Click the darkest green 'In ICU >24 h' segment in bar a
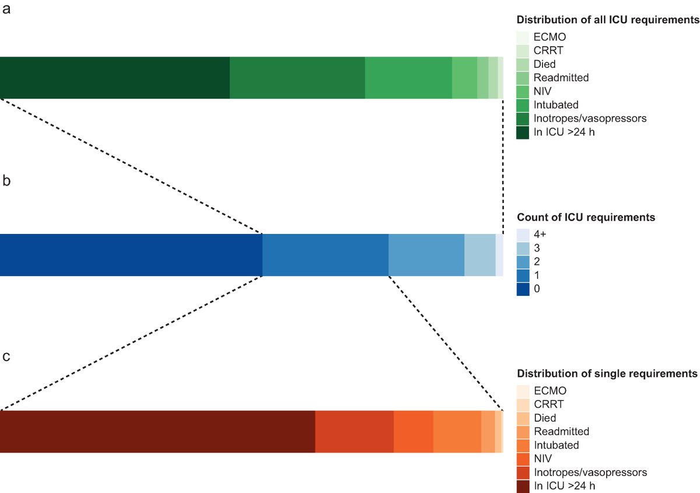coord(115,78)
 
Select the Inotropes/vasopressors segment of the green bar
coord(297,78)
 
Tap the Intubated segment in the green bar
coord(408,78)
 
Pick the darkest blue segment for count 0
coord(131,255)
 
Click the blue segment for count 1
coord(325,255)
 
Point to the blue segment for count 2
coord(426,255)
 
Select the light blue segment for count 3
coord(480,255)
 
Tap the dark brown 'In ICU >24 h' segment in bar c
coord(157,431)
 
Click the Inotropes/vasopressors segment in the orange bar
coord(355,431)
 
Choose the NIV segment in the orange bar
coord(414,431)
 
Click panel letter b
coord(6,181)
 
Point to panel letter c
coord(6,356)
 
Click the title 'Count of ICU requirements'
coord(586,218)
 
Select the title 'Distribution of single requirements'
coord(607,373)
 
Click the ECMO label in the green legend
coord(549,36)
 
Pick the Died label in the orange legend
coord(545,418)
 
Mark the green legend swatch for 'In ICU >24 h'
coord(523,132)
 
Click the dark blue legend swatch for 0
coord(523,289)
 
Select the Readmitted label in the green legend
coord(561,77)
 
